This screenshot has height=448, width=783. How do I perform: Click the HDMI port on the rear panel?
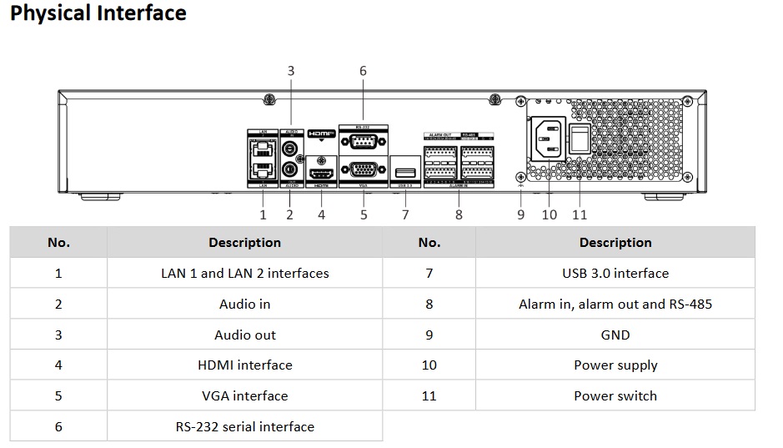[x=321, y=174]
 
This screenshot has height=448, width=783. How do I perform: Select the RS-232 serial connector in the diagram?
[x=363, y=139]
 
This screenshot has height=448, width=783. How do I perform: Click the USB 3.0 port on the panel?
[x=405, y=173]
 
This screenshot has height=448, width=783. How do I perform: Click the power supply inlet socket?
[x=545, y=138]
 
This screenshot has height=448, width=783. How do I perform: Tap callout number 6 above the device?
[x=363, y=71]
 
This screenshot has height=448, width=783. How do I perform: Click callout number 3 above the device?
[x=291, y=71]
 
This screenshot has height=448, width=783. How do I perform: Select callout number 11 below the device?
[x=580, y=214]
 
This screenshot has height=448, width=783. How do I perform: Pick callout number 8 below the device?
[x=459, y=214]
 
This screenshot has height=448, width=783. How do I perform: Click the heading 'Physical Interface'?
[x=98, y=13]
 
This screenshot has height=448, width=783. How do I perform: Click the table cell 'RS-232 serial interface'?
[x=244, y=426]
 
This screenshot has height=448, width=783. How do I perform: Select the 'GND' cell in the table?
[x=615, y=335]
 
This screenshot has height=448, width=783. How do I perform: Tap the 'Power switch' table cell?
[x=615, y=395]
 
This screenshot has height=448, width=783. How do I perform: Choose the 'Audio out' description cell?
[x=244, y=335]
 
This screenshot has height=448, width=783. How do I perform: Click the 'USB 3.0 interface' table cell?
[x=615, y=273]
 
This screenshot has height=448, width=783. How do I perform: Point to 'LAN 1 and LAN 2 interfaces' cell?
[x=244, y=273]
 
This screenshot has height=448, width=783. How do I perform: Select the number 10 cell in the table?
[x=429, y=365]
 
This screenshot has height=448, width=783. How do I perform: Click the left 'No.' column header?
[x=58, y=243]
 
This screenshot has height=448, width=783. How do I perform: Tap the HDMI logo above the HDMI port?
[x=320, y=133]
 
